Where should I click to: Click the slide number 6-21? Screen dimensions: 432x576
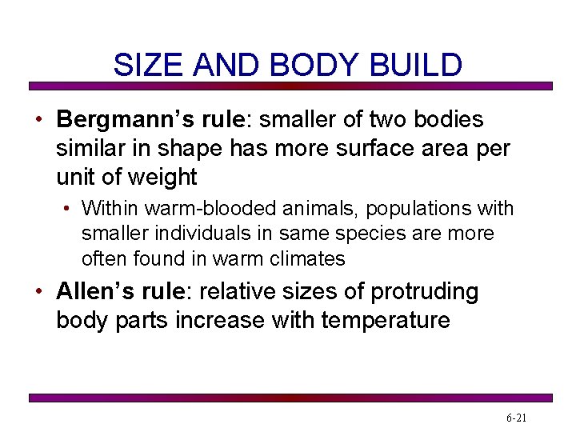point(517,418)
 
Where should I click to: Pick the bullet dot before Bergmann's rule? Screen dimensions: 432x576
point(38,120)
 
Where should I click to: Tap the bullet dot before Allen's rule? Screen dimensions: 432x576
point(38,292)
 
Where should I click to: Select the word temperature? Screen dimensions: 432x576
point(386,320)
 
